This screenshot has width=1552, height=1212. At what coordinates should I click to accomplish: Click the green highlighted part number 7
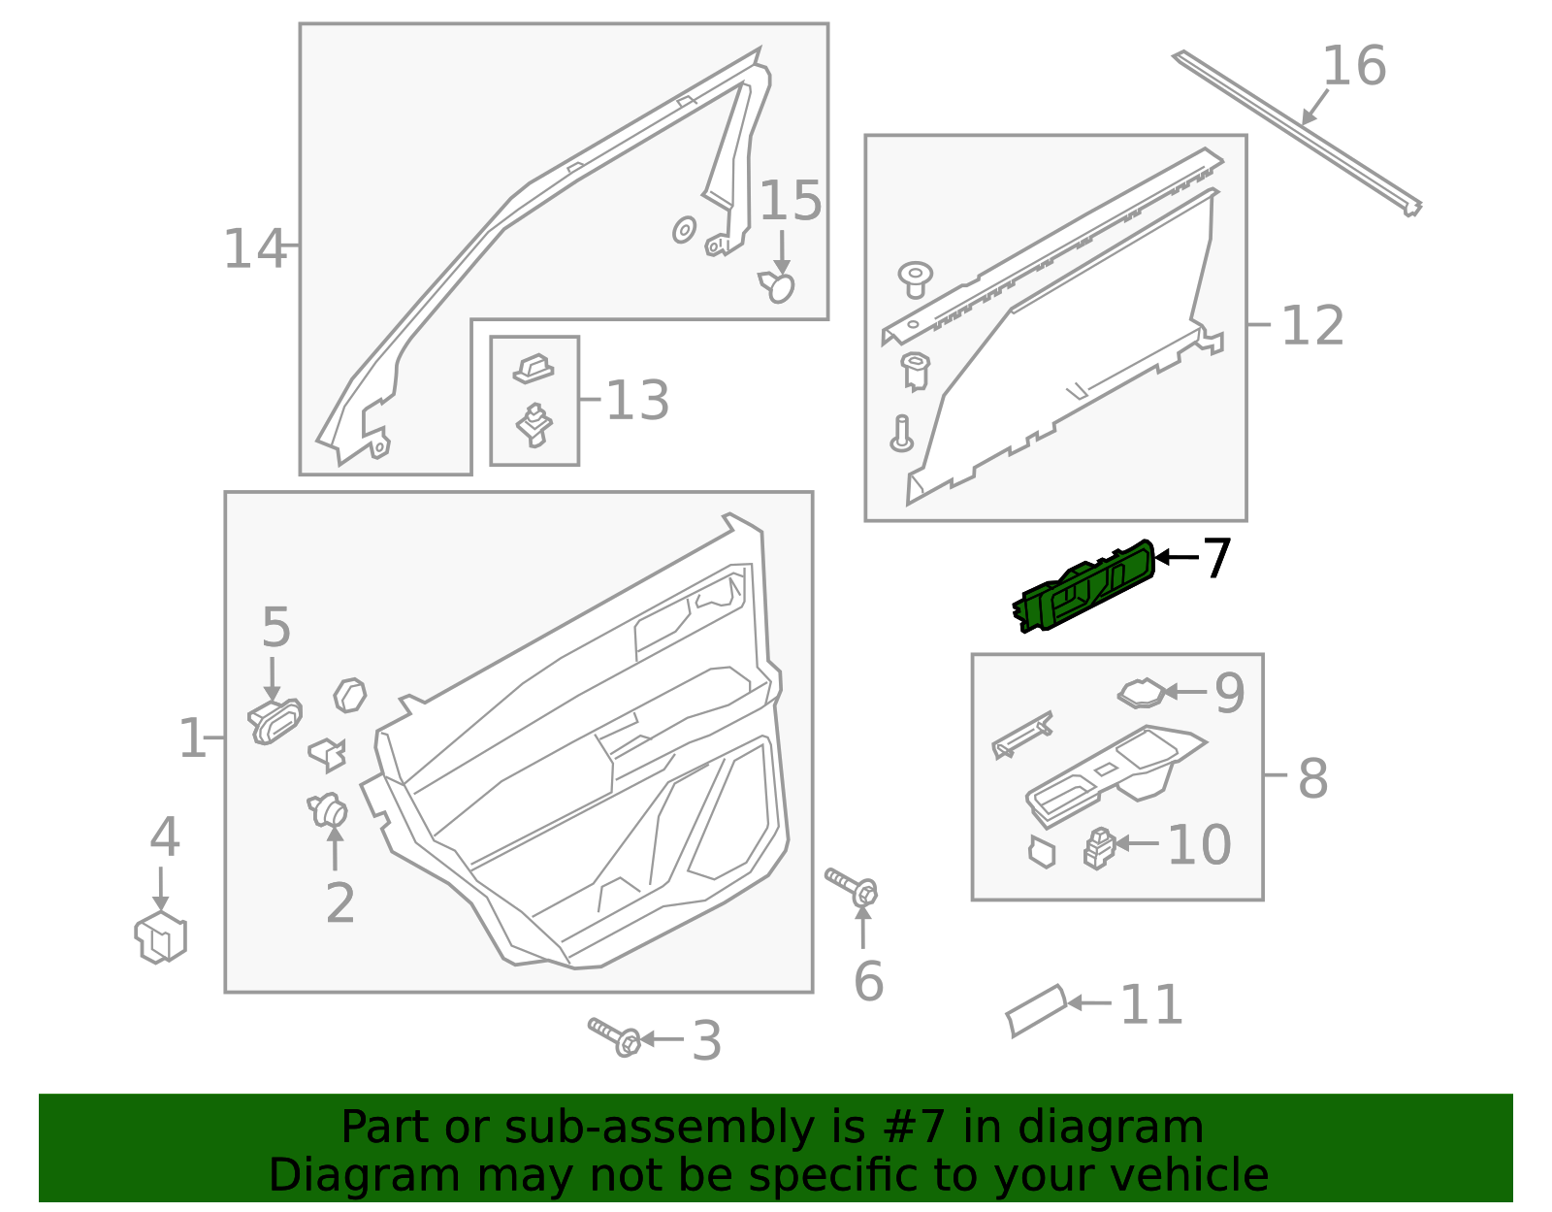(1084, 587)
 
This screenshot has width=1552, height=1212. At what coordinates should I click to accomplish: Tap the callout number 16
(1354, 66)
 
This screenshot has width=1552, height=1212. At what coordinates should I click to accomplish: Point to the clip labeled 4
(161, 937)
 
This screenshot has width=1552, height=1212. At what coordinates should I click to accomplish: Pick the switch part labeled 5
(275, 720)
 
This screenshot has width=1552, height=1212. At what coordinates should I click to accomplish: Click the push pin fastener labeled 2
(329, 809)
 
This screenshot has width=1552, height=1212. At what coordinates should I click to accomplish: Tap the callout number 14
(254, 249)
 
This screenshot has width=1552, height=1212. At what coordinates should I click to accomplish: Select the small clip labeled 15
(777, 286)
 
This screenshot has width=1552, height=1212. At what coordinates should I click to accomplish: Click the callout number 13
(637, 401)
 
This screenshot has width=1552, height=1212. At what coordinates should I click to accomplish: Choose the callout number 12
(1312, 325)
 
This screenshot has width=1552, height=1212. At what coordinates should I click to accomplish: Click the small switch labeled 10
(1099, 847)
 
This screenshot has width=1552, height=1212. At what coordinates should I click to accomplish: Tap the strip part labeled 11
(1036, 1011)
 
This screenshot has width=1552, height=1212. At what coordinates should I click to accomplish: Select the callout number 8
(1312, 778)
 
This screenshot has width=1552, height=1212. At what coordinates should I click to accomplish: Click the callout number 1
(191, 739)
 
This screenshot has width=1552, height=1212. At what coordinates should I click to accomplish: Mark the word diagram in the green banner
(1130, 1128)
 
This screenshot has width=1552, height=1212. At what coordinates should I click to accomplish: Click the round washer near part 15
(684, 230)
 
